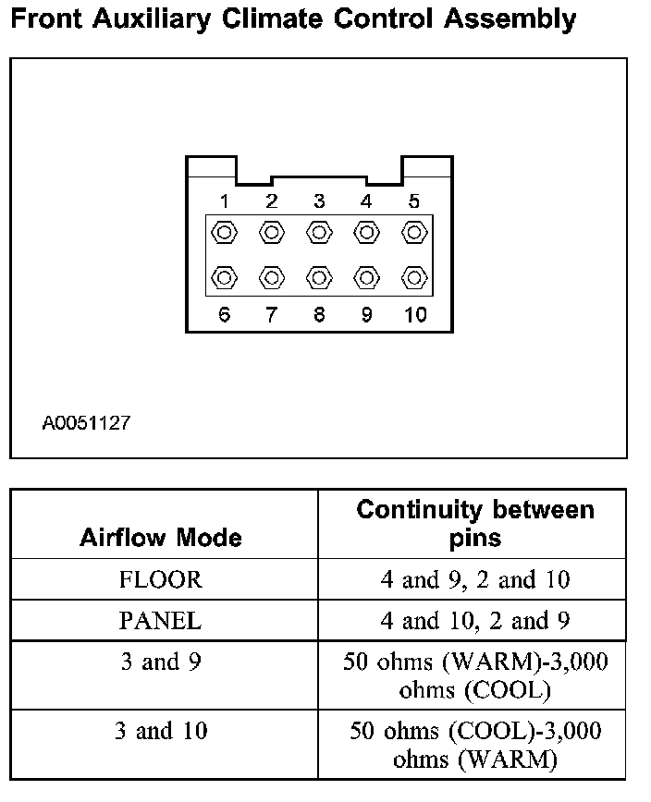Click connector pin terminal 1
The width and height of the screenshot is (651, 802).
(225, 232)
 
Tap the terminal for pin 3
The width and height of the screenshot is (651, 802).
(319, 232)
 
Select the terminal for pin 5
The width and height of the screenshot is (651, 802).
(413, 232)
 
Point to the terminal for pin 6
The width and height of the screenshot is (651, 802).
(225, 277)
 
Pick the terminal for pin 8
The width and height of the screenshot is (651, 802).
(319, 277)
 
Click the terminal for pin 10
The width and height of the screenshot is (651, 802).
(413, 277)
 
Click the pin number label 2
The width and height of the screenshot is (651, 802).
(272, 201)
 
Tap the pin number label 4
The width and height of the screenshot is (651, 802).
(366, 201)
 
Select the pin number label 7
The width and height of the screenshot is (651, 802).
(272, 315)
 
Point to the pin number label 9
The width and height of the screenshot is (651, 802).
(366, 315)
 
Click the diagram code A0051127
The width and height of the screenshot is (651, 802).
(86, 424)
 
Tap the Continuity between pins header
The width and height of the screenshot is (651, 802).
(475, 522)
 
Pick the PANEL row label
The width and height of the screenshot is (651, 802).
(161, 621)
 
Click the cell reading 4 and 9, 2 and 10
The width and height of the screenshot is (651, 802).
(475, 580)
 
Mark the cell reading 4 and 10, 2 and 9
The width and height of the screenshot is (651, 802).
(475, 621)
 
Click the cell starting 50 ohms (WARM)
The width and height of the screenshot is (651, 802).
(475, 675)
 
